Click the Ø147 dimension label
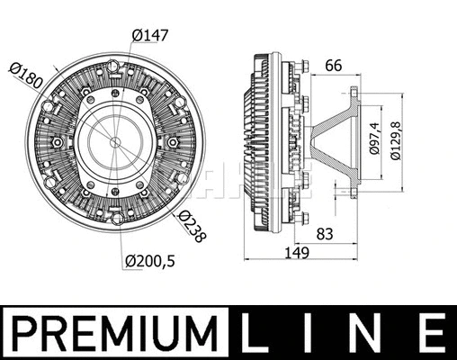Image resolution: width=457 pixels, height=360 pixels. (x=151, y=35)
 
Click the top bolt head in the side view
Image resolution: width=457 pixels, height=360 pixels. (x=304, y=66)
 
